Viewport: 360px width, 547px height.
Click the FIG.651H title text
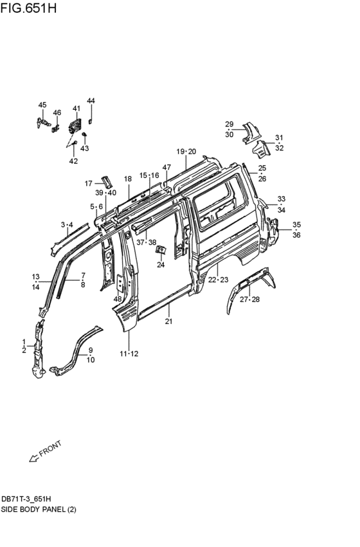28,7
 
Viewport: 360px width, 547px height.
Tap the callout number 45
42,105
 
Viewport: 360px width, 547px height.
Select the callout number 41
76,109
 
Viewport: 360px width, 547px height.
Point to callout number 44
91,101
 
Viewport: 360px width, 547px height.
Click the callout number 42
73,161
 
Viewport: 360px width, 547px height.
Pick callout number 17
89,183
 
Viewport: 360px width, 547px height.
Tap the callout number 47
166,168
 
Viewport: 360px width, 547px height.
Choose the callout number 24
161,265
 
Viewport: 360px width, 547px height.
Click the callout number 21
169,321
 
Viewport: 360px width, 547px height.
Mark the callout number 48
118,299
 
